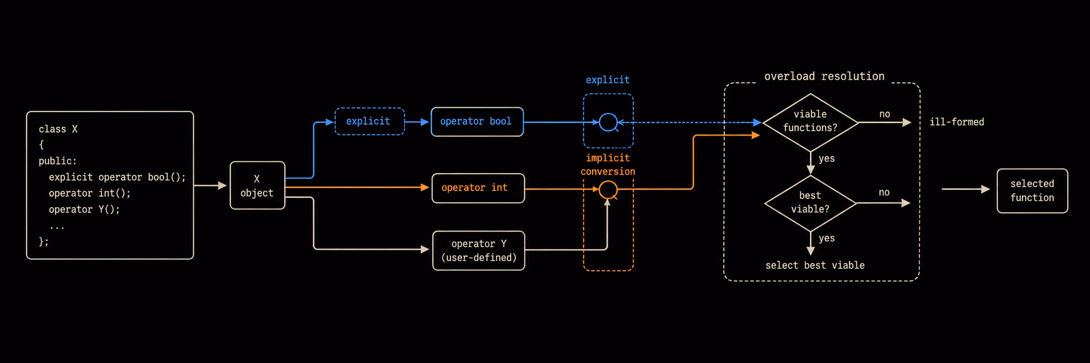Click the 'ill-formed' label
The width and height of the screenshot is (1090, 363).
click(x=957, y=122)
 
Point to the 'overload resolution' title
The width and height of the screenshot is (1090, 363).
click(x=824, y=76)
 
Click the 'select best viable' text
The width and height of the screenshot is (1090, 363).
click(x=815, y=265)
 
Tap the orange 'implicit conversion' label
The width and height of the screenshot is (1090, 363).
click(x=608, y=165)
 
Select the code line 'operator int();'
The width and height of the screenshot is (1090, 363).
click(x=89, y=194)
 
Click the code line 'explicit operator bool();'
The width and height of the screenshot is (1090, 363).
click(x=117, y=177)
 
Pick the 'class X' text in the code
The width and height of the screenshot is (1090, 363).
click(x=58, y=129)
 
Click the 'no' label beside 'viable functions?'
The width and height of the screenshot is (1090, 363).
click(x=884, y=114)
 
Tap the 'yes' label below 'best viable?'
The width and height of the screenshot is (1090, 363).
click(x=827, y=238)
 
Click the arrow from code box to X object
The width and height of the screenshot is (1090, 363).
click(x=210, y=186)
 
